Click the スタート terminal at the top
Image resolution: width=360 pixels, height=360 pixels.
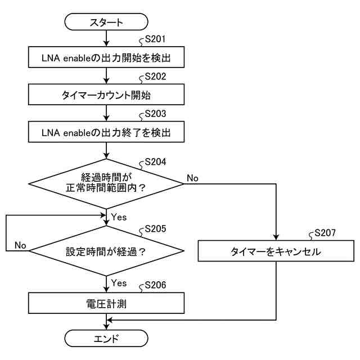coord(106,22)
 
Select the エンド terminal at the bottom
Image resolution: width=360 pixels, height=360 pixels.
coord(106,339)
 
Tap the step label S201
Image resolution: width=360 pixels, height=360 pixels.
coord(155,39)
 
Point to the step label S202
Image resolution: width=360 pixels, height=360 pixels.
coord(155,76)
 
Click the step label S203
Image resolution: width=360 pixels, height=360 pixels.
coord(155,114)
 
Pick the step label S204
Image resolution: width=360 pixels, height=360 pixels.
coord(155,161)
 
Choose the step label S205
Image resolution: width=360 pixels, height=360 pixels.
coord(155,229)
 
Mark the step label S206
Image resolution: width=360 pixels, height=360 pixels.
coord(155,285)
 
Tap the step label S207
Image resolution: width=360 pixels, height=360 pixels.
coord(325,233)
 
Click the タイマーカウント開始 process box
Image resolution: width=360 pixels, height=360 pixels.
coord(106,94)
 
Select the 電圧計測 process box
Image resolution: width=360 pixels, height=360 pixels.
coord(106,303)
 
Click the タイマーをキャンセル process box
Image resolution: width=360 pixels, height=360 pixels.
coord(276,251)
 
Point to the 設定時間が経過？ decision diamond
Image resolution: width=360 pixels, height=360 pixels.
coord(106,251)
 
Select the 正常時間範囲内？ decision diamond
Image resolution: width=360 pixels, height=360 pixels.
coord(106,184)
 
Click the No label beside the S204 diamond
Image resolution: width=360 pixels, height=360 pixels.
coord(192,178)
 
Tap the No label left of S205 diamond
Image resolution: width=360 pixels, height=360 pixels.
coord(20,245)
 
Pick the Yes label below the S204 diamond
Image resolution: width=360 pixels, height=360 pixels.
coord(119,217)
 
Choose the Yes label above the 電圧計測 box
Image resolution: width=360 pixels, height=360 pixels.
coord(119,283)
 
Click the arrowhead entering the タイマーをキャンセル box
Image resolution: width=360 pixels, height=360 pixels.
coord(276,237)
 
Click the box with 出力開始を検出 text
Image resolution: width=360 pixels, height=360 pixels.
coord(106,57)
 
